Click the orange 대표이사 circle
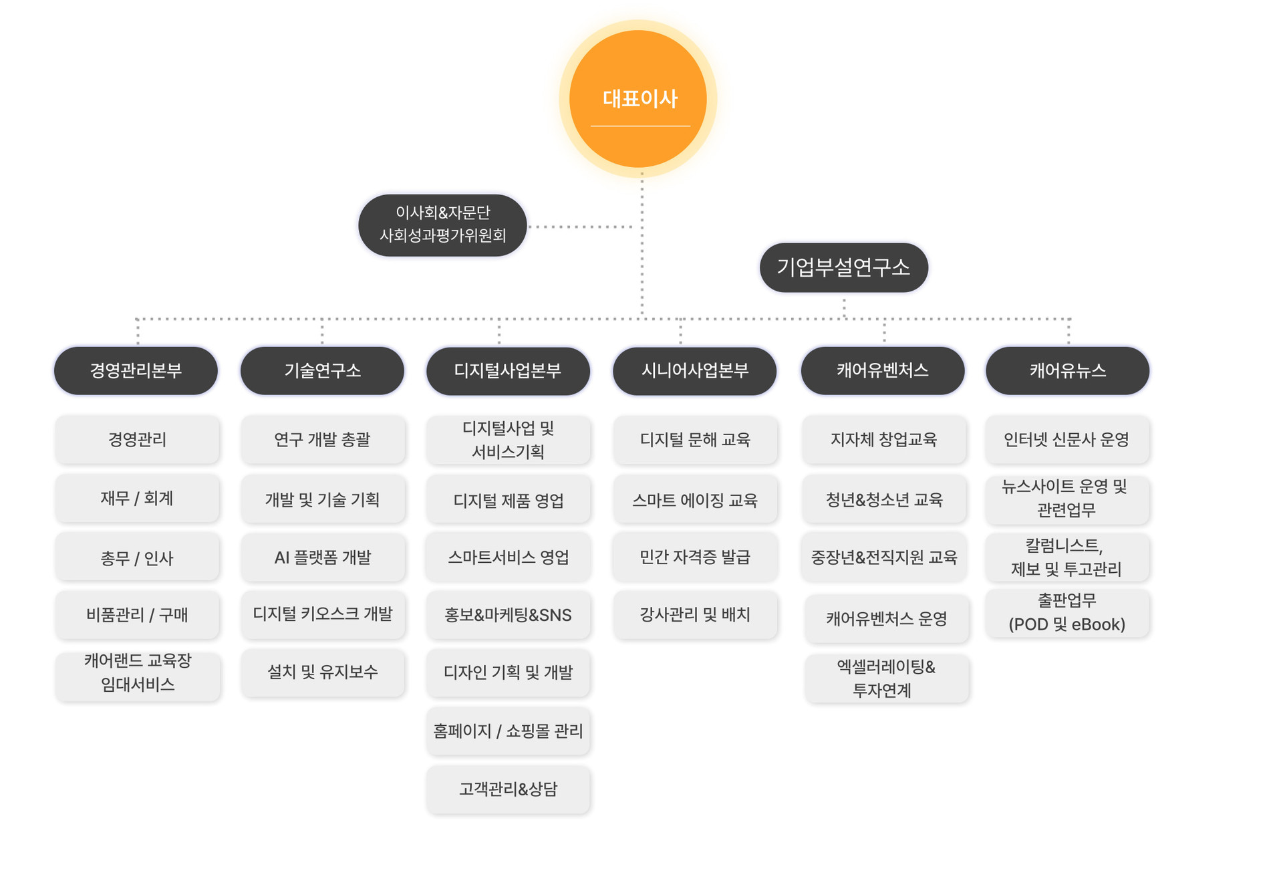pos(637,99)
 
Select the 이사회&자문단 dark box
pos(442,225)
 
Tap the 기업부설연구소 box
pos(843,267)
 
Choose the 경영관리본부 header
pos(136,370)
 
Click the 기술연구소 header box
pos(322,370)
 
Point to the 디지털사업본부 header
pos(508,370)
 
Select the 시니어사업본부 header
pos(694,370)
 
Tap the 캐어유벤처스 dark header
pos(882,370)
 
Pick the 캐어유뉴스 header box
pos(1067,370)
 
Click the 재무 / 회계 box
pos(137,498)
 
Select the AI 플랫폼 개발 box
pos(323,557)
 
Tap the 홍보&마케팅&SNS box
pos(508,615)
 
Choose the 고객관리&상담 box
pos(508,789)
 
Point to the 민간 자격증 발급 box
pos(695,557)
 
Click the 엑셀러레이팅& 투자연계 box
pos(886,678)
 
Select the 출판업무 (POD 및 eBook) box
pos(1067,612)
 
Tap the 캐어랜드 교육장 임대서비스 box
pos(138,672)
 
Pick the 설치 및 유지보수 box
pos(323,672)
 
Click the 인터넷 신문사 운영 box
pos(1067,439)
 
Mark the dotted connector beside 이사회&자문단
pos(581,227)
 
